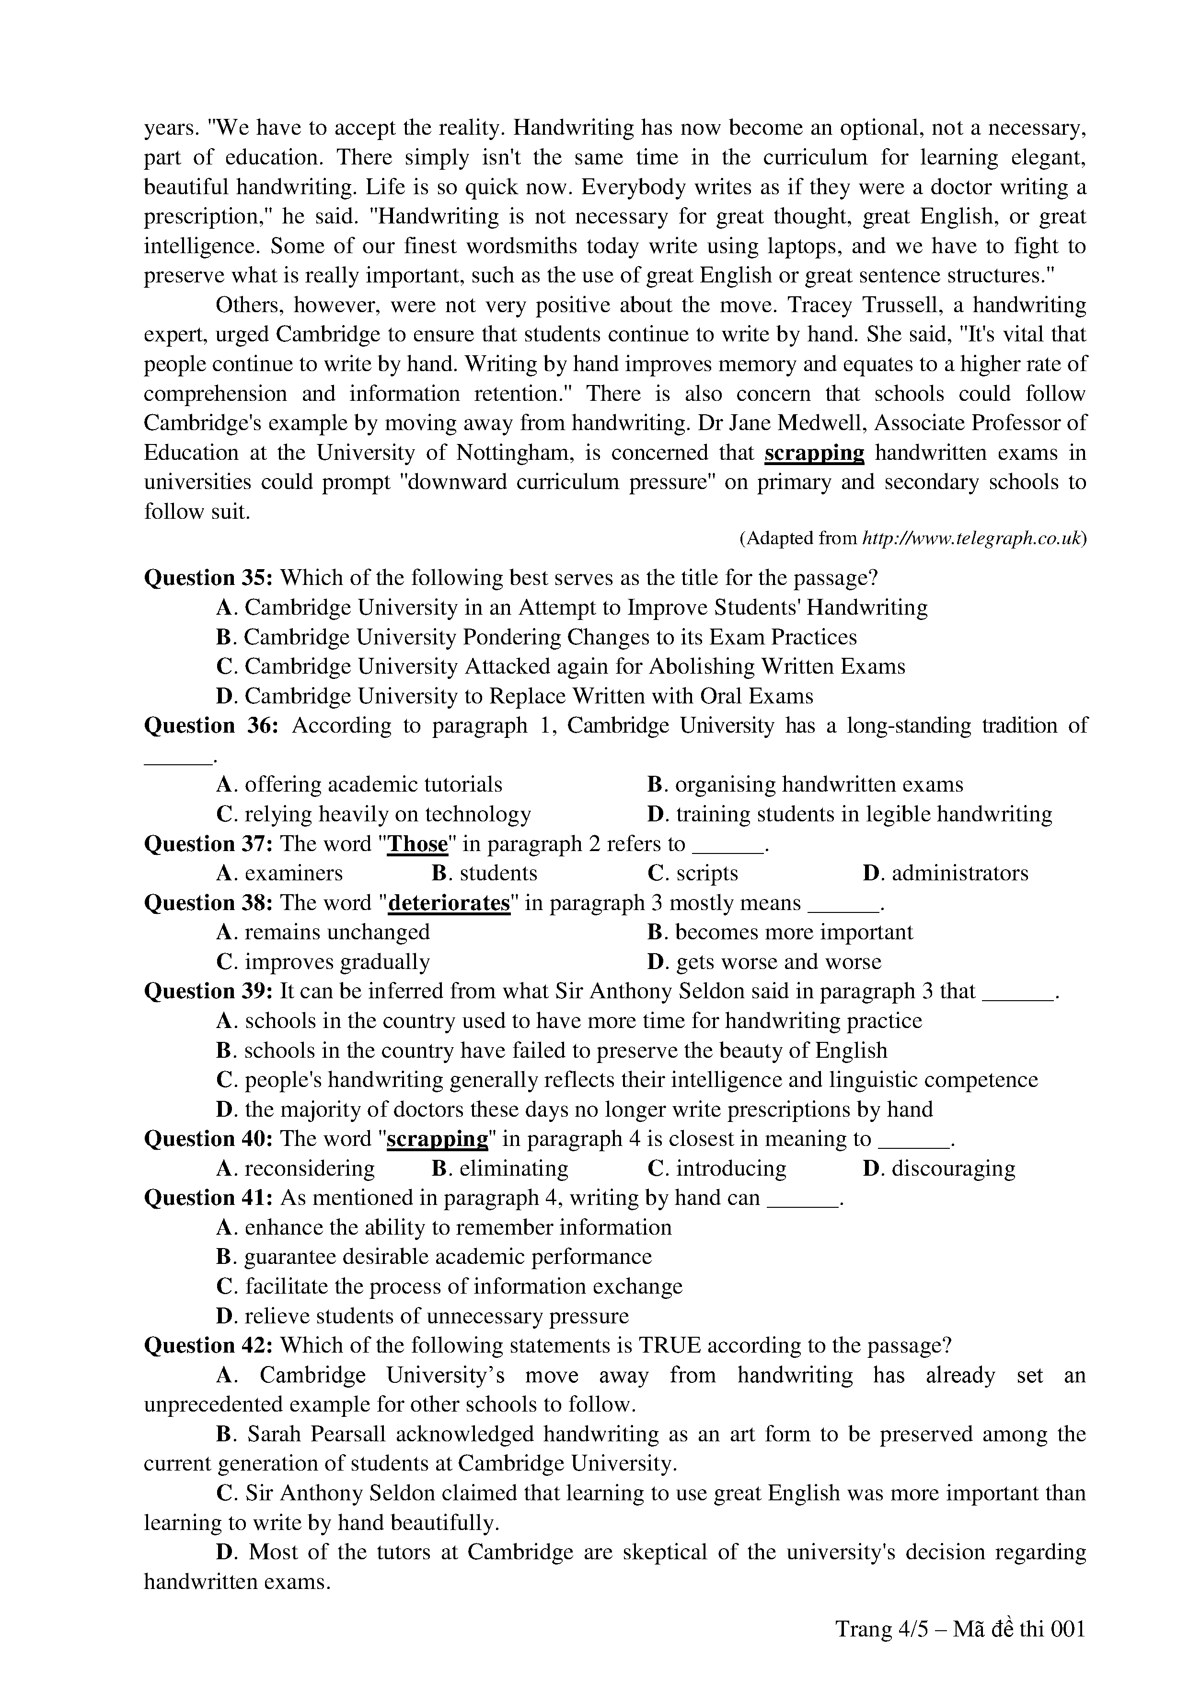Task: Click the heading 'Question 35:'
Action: point(208,578)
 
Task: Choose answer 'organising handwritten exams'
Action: point(819,784)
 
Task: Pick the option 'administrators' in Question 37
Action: point(959,873)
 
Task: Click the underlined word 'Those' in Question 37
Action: point(417,844)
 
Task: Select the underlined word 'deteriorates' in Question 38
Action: point(448,902)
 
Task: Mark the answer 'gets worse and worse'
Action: point(778,962)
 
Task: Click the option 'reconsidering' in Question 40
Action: point(309,1168)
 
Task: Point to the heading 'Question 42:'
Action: point(208,1346)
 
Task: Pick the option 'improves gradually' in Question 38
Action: point(337,962)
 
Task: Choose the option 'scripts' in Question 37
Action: point(706,873)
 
